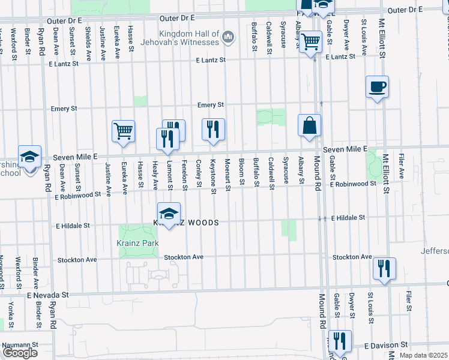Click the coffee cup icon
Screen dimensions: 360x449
point(377,88)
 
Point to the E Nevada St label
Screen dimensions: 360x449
point(48,295)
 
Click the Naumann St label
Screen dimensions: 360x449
point(20,346)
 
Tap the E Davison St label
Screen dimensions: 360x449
point(387,346)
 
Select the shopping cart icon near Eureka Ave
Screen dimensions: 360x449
point(123,131)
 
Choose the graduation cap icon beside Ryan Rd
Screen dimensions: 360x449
point(29,157)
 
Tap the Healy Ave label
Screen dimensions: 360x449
point(155,175)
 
